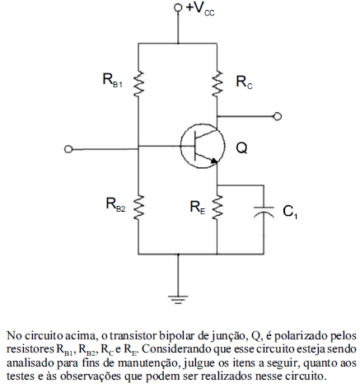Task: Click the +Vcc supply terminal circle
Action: [x=178, y=7]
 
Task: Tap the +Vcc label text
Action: [x=200, y=9]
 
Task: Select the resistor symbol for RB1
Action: [x=138, y=83]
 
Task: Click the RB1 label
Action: [x=112, y=80]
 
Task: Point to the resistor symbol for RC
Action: [x=217, y=83]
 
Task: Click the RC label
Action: [x=244, y=82]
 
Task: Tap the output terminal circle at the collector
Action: [x=278, y=116]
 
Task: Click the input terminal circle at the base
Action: [x=68, y=149]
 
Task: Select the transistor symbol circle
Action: [x=203, y=146]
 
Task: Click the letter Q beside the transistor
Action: [x=241, y=148]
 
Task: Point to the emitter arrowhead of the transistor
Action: [x=214, y=161]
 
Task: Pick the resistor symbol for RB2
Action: [x=138, y=208]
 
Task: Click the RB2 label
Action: [x=115, y=204]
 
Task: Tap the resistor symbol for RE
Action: [x=217, y=208]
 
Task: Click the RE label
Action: [x=198, y=207]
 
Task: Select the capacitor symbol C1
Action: [x=264, y=212]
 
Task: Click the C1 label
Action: [x=290, y=212]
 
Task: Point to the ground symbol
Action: [x=178, y=299]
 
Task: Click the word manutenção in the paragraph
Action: [x=149, y=363]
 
